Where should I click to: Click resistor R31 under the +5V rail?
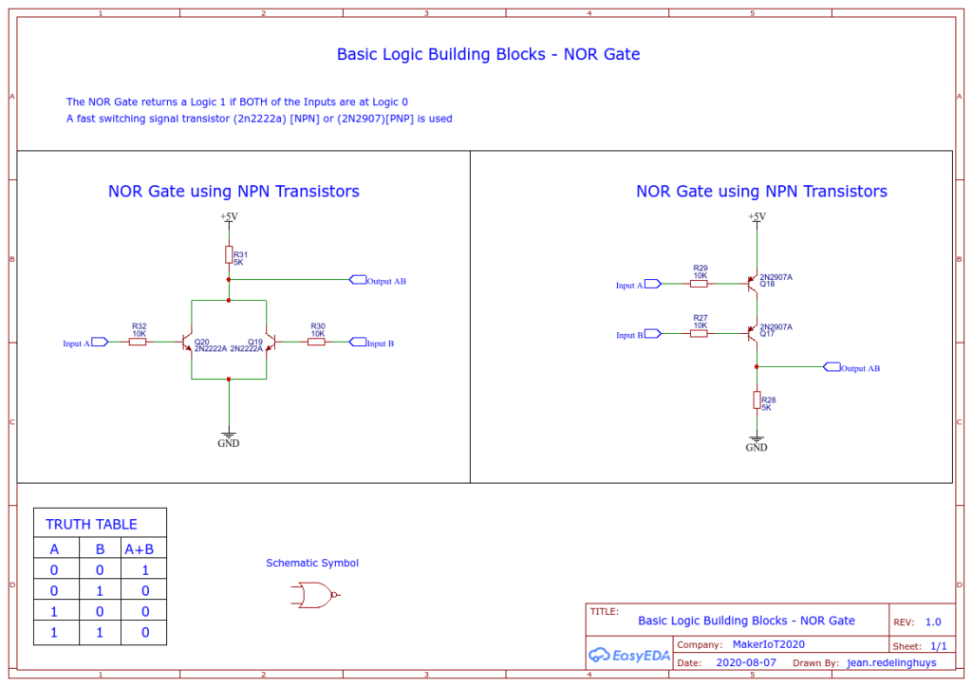(x=229, y=254)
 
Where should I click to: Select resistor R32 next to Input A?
(x=138, y=342)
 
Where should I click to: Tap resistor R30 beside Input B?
(x=316, y=342)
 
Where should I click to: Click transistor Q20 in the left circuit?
(x=187, y=342)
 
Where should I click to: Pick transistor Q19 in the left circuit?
(x=271, y=342)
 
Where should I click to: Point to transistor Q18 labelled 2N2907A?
(x=752, y=284)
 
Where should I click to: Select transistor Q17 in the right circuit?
(x=752, y=333)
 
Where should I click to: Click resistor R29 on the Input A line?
(x=699, y=284)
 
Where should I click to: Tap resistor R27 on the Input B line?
(x=699, y=333)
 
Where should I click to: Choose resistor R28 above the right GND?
(x=757, y=400)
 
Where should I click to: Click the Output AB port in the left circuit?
(x=358, y=280)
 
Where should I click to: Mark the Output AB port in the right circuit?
(x=832, y=366)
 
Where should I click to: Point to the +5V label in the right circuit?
(x=757, y=216)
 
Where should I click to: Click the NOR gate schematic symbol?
(x=315, y=595)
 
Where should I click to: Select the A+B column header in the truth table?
(x=140, y=548)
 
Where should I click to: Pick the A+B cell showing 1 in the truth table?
(x=145, y=570)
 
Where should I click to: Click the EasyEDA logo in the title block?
(x=629, y=655)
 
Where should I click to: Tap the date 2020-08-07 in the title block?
(x=746, y=662)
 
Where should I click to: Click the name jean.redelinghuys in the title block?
(x=891, y=663)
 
